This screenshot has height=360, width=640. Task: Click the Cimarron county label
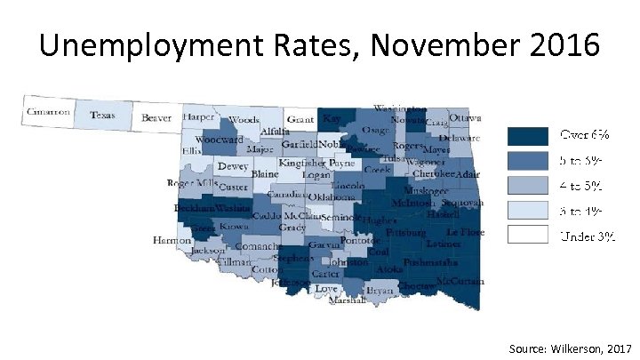(48, 113)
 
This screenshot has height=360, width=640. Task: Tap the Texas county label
(102, 115)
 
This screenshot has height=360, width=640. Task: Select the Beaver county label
(156, 117)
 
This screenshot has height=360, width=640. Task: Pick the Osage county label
(374, 131)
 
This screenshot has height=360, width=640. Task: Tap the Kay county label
(332, 118)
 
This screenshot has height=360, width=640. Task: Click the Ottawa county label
(465, 117)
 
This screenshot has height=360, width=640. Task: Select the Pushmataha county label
(430, 263)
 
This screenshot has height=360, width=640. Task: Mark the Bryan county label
(380, 291)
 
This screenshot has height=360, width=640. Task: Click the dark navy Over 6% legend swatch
(528, 136)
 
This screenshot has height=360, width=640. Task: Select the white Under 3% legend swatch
(528, 235)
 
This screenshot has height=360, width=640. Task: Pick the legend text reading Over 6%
(584, 136)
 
